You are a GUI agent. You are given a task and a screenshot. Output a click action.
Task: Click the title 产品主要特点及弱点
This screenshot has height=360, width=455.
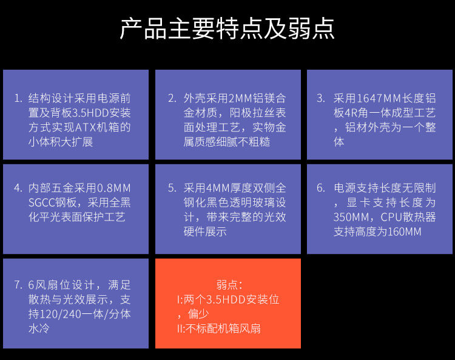coord(227,29)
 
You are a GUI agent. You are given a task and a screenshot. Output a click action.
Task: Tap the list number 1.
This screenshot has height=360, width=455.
coord(18,98)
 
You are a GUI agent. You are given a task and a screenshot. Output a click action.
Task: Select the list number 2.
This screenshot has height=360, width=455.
coord(172,98)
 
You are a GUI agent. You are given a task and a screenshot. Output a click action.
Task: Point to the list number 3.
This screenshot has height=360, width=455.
coord(321,98)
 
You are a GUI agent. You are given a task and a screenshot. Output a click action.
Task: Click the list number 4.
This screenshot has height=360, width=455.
coord(18,188)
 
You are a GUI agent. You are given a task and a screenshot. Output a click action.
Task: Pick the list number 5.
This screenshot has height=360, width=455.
coord(172,188)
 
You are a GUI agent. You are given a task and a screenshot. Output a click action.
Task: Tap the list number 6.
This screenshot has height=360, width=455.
coord(321,188)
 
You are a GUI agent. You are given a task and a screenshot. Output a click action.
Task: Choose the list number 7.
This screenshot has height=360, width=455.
coord(18,285)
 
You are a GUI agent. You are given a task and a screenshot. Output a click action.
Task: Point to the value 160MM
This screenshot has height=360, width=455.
coord(403,232)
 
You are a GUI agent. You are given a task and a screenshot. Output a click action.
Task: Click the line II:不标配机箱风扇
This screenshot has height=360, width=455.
coord(219,328)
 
